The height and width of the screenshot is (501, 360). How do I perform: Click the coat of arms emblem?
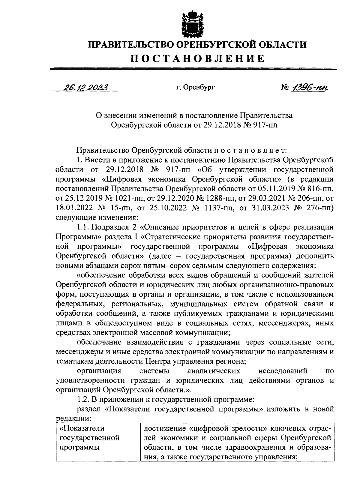pos(189,23)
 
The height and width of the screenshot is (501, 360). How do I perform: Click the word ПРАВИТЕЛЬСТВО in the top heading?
pos(130,45)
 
